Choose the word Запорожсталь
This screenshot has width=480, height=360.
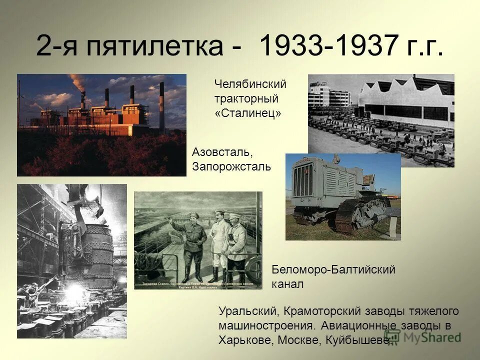[231, 166]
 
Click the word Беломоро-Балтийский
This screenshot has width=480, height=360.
[333, 270]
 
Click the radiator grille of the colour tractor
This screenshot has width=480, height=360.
[303, 180]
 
